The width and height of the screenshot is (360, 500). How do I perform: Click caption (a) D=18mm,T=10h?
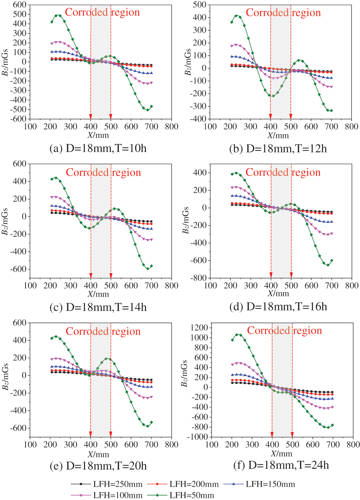98,148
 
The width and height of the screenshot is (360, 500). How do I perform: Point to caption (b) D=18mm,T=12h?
278,149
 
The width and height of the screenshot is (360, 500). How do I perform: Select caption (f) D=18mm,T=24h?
281,465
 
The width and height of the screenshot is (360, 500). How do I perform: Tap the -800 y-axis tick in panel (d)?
198,278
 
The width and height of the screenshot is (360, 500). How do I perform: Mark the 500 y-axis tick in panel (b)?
200,5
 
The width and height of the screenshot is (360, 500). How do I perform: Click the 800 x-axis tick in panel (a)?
172,126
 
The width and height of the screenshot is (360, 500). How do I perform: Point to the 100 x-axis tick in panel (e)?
30,444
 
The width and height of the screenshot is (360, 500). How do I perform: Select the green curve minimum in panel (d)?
328,265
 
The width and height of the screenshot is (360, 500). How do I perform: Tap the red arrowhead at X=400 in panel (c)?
91,275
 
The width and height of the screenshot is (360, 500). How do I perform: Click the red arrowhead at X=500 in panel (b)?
291,116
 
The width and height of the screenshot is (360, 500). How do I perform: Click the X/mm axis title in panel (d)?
278,293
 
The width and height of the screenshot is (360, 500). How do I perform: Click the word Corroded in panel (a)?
86,12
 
